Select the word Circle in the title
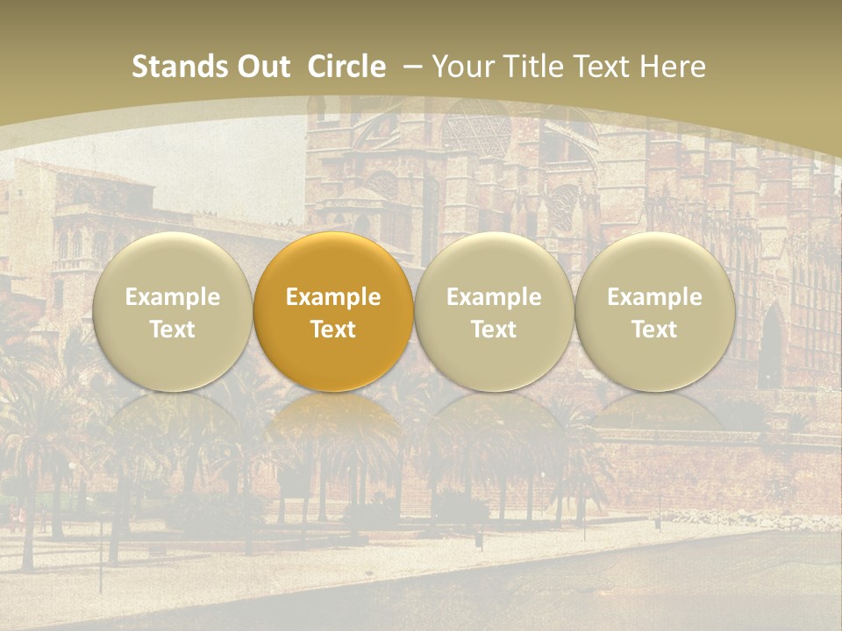(346, 67)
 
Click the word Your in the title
(463, 67)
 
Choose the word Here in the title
(674, 67)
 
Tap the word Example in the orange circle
(333, 297)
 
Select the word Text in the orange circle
(333, 330)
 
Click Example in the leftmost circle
(173, 297)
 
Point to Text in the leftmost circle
(173, 330)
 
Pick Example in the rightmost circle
(654, 297)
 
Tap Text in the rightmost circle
(654, 330)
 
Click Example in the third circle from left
(494, 297)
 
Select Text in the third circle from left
(494, 330)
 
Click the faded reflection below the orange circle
(333, 421)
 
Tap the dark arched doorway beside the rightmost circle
(771, 346)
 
